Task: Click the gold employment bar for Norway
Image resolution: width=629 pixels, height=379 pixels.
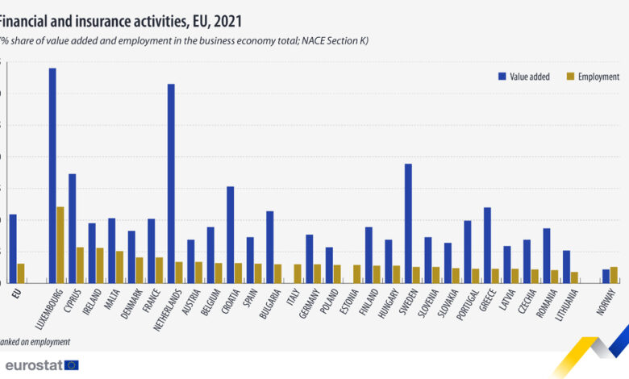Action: tap(614, 274)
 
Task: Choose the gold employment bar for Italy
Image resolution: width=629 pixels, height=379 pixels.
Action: tap(298, 273)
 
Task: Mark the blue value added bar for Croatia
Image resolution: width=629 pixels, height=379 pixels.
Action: tap(230, 235)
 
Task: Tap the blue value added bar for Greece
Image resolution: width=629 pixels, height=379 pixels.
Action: tap(487, 245)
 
